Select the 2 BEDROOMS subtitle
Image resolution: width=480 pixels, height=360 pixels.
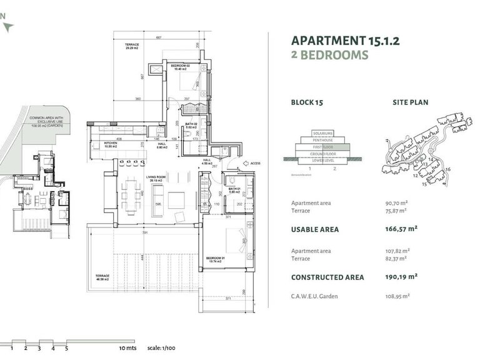pos(329,55)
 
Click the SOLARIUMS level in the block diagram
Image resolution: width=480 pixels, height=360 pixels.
pos(322,132)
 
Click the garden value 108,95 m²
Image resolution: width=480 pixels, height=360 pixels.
pos(397,296)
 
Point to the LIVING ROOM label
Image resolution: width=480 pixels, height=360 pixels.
pos(156,177)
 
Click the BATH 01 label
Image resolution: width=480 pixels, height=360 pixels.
pos(234,189)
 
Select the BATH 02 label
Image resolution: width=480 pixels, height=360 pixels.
pos(192,124)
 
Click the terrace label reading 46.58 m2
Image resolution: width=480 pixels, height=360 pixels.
pos(102,276)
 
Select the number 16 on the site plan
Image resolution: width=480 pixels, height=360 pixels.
pos(447,169)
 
